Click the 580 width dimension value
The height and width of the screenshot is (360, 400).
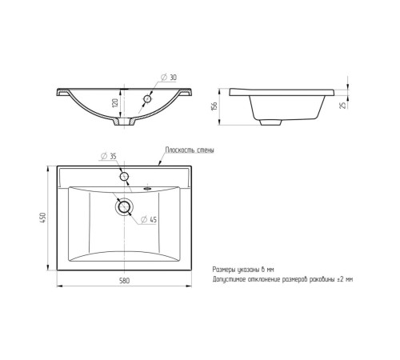pos(124,281)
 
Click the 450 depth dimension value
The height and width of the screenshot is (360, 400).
pos(43,218)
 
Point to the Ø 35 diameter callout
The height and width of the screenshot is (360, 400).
pos(109,156)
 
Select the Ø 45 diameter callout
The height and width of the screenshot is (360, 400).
pos(149,219)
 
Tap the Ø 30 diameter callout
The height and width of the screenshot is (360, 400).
pos(169,78)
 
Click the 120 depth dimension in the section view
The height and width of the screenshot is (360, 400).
pos(115,102)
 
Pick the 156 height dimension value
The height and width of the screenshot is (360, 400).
pos(214,106)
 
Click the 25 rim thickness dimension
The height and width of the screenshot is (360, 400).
pos(343,105)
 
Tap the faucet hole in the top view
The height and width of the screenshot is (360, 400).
pos(124,176)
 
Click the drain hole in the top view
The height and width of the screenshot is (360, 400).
pos(124,206)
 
